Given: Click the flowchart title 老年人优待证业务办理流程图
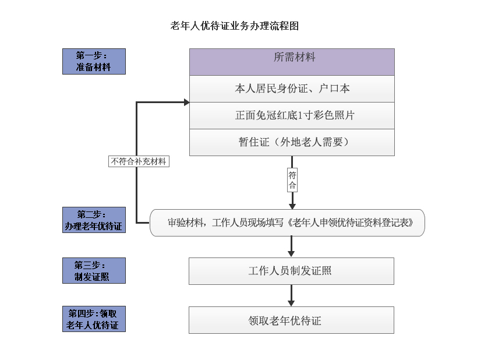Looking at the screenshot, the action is click(x=234, y=26).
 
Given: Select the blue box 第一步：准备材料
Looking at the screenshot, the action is click(x=94, y=62).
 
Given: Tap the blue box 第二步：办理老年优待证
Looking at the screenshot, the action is click(x=94, y=220).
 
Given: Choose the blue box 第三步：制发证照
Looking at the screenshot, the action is click(x=94, y=271).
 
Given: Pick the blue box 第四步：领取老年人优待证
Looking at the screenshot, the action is click(x=94, y=319).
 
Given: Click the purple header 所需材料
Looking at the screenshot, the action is click(x=292, y=62).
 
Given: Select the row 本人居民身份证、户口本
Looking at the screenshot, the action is click(x=292, y=89).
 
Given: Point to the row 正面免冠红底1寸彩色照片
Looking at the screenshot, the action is click(x=292, y=115).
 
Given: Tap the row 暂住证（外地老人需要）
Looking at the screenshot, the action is click(x=292, y=143).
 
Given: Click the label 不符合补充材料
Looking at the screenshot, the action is click(x=139, y=161).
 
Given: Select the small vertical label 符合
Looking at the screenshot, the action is click(x=292, y=180).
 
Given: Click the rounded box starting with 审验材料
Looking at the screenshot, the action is click(x=287, y=223).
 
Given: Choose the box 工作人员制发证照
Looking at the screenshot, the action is click(x=291, y=271).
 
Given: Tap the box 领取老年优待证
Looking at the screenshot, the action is click(x=291, y=320).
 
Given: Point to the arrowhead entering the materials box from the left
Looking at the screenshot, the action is click(x=187, y=102).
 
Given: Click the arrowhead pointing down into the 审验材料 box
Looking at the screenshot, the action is click(x=292, y=206).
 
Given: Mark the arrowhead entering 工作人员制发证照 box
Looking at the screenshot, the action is click(x=291, y=253).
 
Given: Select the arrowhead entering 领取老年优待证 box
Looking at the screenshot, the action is click(x=291, y=303).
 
